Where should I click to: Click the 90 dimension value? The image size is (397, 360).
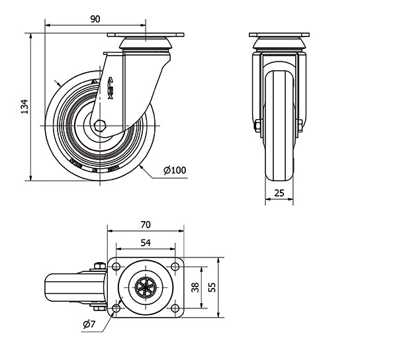[95, 19]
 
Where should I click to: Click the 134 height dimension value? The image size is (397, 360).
[24, 106]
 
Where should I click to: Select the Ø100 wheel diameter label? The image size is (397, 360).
[175, 171]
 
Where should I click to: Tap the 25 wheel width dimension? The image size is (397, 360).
[280, 193]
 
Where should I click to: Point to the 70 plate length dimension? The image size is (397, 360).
[146, 224]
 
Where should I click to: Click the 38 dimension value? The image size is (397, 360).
[194, 288]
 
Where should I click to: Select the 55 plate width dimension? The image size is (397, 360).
[212, 288]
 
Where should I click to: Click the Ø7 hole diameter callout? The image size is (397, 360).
[89, 324]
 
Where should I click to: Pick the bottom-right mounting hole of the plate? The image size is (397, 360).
[175, 308]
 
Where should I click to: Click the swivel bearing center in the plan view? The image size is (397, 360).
[146, 287]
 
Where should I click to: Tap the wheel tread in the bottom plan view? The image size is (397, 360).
[56, 287]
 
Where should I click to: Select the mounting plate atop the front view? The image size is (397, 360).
[279, 34]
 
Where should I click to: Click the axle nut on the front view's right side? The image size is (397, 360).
[300, 125]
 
